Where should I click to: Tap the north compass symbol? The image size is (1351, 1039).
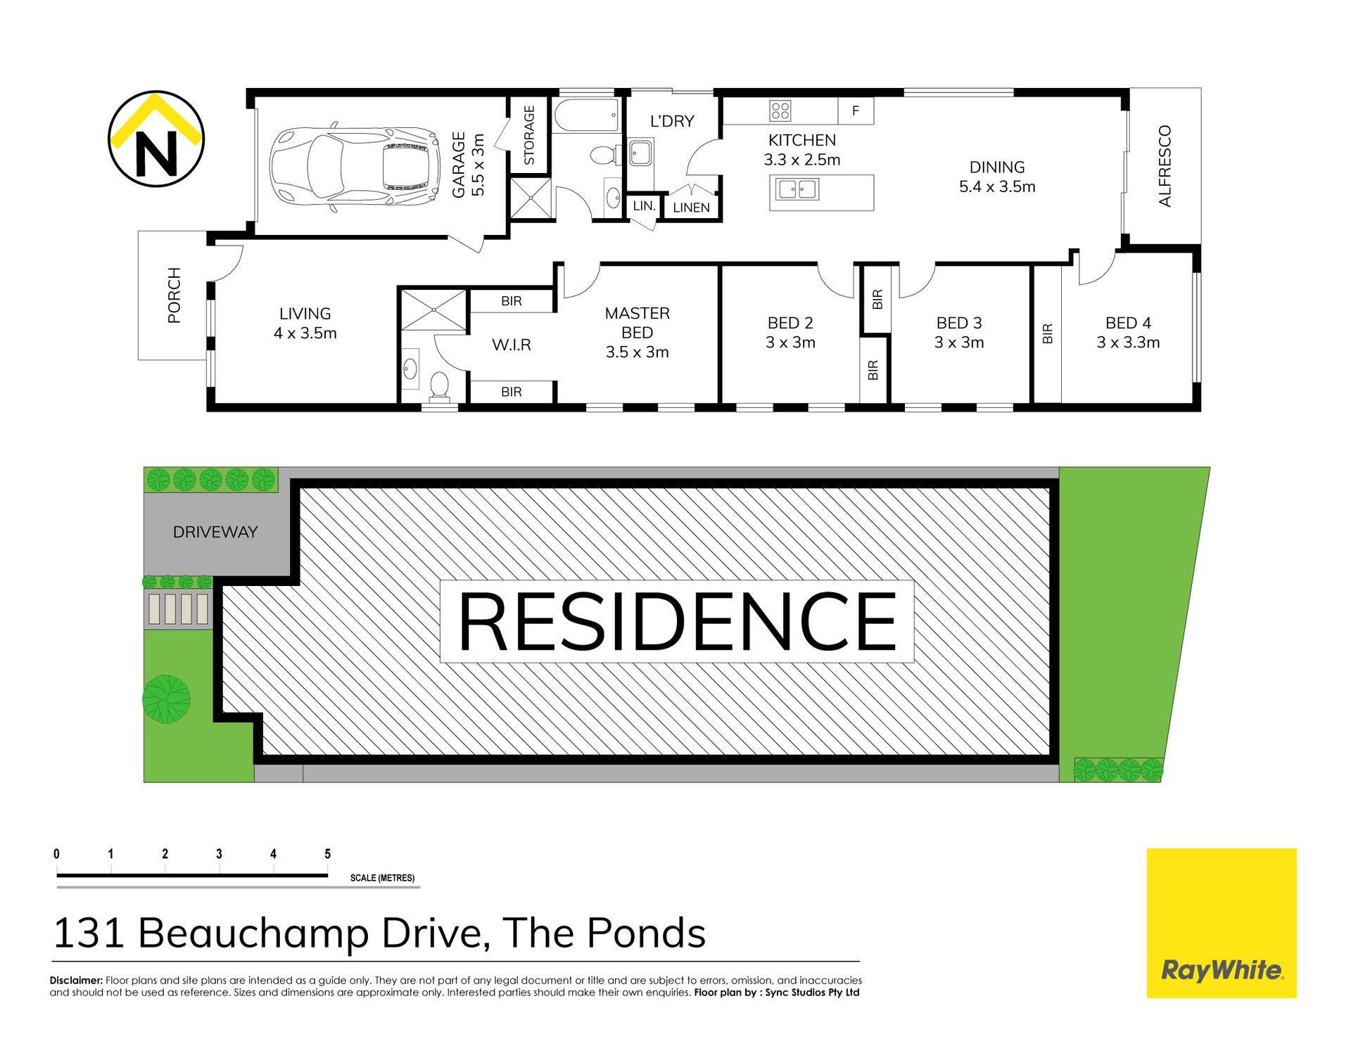coord(156,139)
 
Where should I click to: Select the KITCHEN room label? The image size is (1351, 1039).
coord(802,140)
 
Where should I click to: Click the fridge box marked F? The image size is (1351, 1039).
coord(856,110)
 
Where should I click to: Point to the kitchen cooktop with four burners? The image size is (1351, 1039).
coord(780,110)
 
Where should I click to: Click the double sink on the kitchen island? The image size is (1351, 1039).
coord(797,189)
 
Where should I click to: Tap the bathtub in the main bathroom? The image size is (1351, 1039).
coord(586,115)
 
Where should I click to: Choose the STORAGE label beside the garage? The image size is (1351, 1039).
coord(529,135)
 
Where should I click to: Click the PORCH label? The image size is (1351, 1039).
coord(174,295)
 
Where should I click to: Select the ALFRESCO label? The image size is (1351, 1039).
coord(1165,166)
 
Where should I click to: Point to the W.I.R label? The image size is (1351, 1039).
coord(512,345)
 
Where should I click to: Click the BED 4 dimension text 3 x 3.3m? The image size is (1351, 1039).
coord(1128,343)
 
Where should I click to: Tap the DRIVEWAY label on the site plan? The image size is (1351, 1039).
coord(215,532)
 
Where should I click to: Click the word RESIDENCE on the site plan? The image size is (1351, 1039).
coord(677,622)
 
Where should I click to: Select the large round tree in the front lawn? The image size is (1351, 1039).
coord(166,699)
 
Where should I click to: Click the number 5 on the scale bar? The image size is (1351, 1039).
coord(327,853)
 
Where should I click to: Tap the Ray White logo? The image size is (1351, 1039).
coord(1222,923)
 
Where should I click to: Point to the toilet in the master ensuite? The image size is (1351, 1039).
coord(439,387)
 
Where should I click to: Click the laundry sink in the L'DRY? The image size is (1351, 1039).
coord(640,153)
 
